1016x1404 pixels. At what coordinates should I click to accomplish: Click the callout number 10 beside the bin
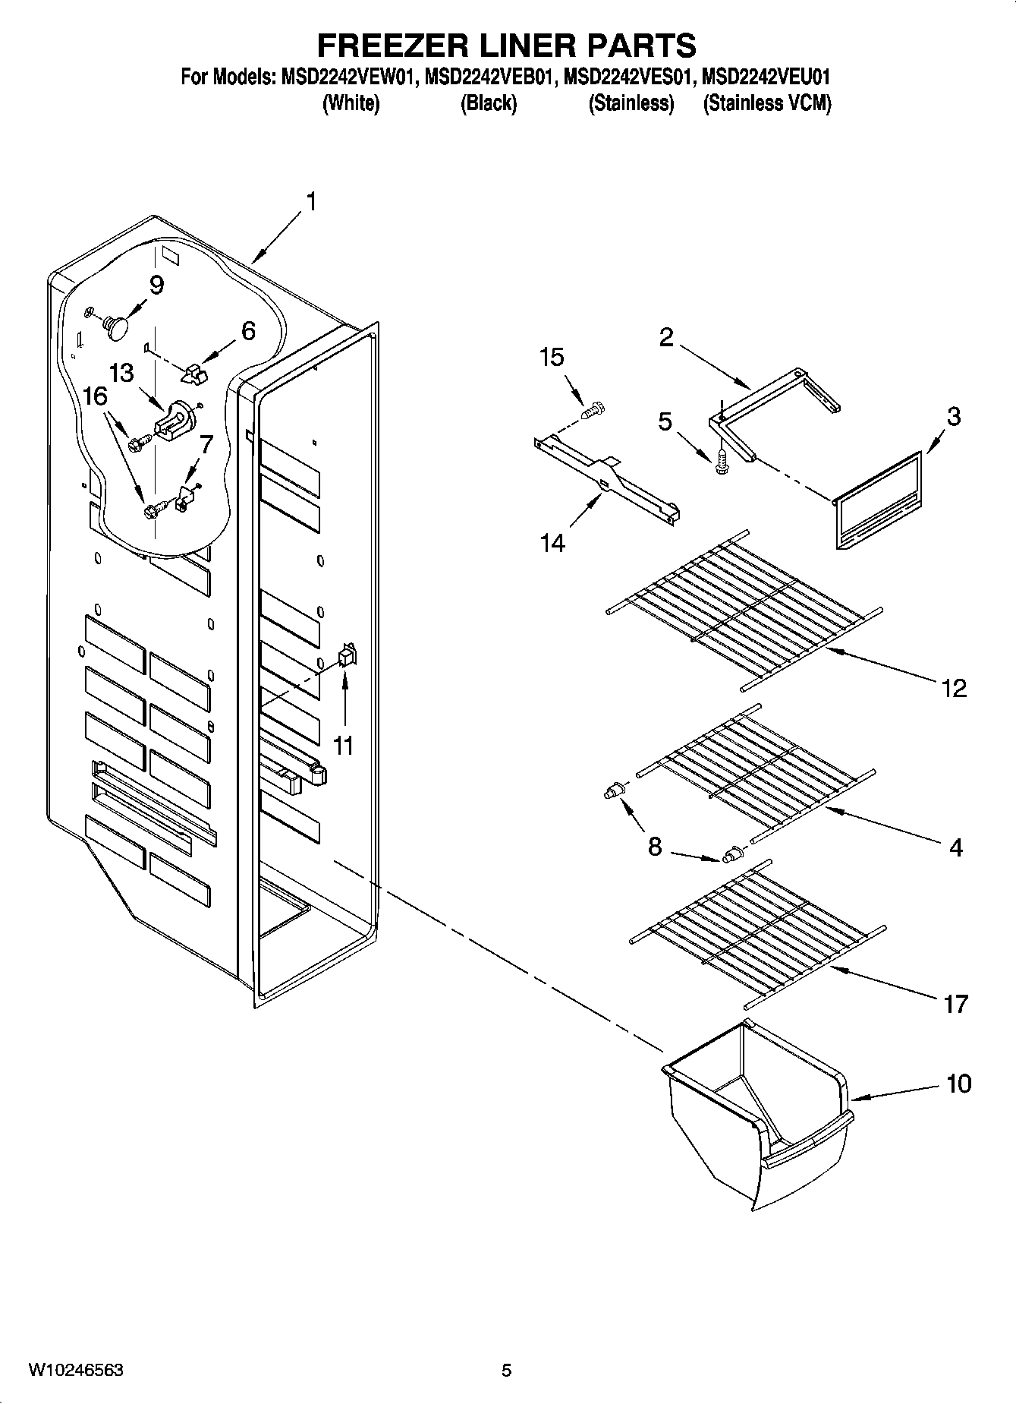959,1084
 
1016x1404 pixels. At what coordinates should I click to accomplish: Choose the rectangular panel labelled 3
879,499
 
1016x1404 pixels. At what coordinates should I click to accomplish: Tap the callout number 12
954,688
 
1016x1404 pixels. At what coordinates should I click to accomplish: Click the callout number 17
955,1004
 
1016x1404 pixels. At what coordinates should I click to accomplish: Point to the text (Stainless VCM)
766,103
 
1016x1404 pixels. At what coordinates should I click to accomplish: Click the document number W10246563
76,1370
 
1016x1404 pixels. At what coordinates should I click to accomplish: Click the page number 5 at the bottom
506,1370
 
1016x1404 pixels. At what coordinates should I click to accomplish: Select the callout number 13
121,373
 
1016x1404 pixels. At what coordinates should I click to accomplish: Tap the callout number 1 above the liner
310,202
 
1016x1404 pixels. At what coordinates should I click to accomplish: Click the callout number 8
655,845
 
